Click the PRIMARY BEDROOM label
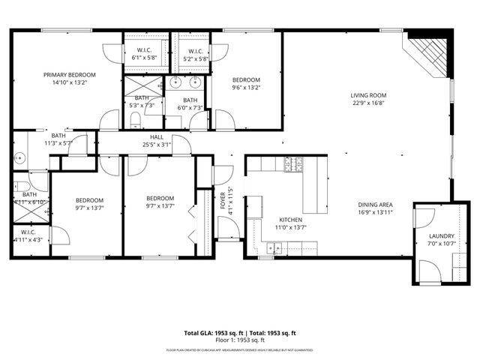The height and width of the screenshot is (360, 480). [69, 75]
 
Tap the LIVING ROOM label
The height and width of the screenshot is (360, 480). [368, 95]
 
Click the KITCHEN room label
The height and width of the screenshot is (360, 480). [271, 219]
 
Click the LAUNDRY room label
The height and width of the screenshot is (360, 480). [441, 235]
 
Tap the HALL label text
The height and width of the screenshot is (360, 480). [157, 136]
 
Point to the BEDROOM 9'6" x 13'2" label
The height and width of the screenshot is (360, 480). [245, 80]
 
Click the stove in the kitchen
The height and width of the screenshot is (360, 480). [292, 163]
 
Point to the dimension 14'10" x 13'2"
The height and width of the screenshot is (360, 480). [69, 83]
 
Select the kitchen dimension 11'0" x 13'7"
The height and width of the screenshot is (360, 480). [271, 227]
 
